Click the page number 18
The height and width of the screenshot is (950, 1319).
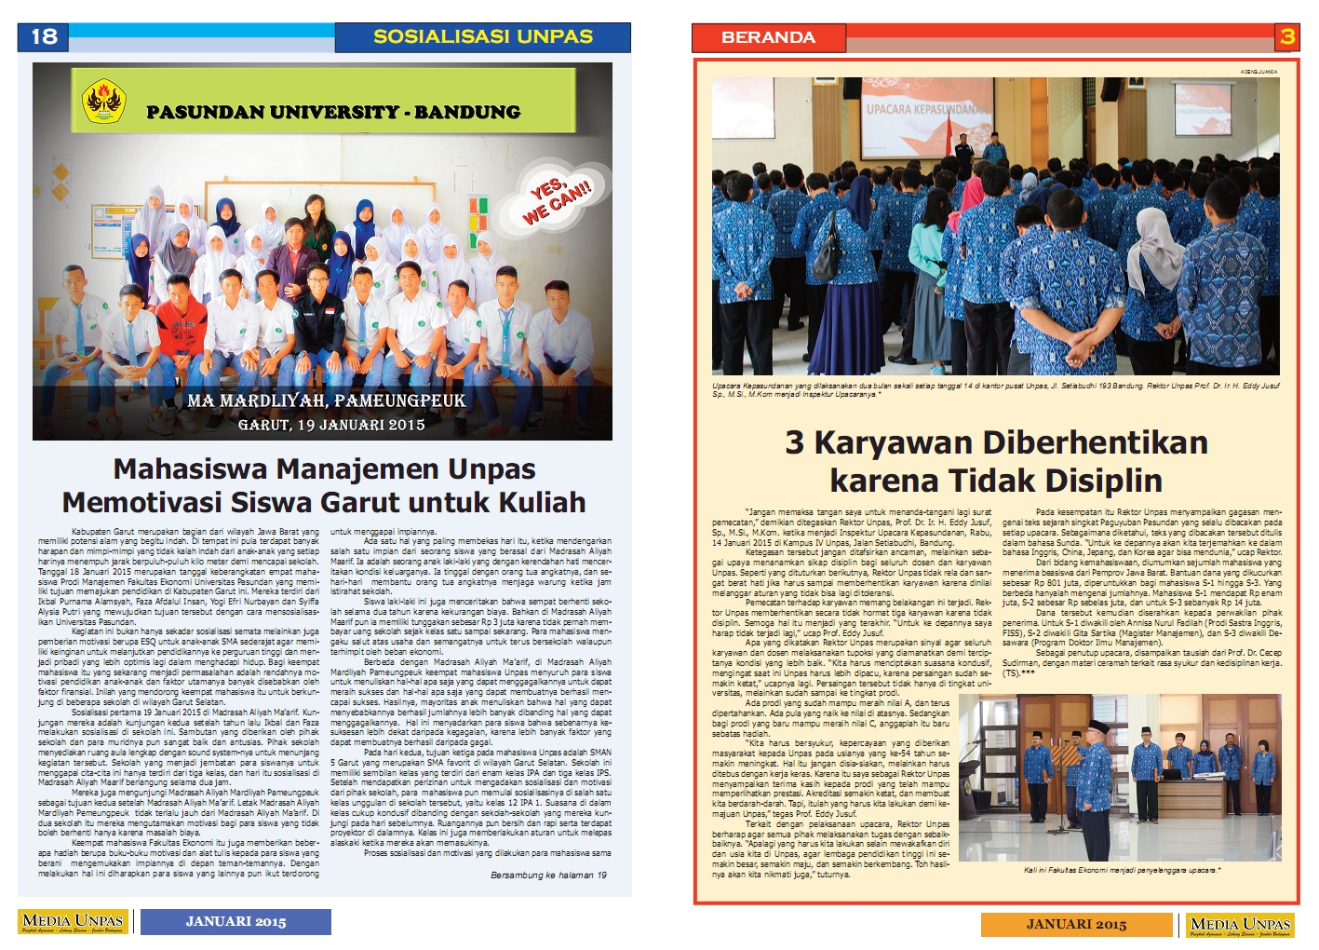[44, 36]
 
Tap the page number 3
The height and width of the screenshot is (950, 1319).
[1286, 36]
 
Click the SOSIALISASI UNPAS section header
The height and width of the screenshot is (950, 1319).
[482, 36]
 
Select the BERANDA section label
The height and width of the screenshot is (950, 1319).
[768, 37]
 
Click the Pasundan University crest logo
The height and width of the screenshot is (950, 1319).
[103, 101]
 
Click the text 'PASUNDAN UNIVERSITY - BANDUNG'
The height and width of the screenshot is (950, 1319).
[333, 112]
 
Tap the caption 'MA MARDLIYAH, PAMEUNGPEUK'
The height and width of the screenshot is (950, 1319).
[326, 400]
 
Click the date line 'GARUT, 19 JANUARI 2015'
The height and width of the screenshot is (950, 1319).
[331, 425]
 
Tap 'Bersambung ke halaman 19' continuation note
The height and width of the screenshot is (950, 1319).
[548, 875]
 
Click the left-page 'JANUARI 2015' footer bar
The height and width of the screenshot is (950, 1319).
[236, 921]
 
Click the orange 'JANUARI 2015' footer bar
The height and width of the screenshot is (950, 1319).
[1076, 924]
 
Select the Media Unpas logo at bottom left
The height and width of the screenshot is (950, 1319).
[74, 922]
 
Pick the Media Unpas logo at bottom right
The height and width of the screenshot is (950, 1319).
[1240, 925]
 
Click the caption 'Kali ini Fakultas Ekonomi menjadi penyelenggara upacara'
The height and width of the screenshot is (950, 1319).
[1121, 870]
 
